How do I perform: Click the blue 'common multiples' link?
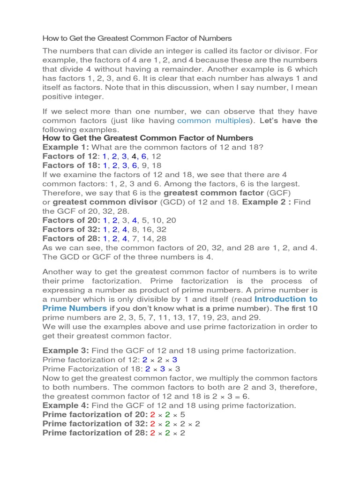tap(213, 121)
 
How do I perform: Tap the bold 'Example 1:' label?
tap(62, 147)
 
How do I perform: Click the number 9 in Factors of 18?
tap(143, 165)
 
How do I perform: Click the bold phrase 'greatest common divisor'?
tap(105, 202)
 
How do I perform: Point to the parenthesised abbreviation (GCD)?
tap(172, 202)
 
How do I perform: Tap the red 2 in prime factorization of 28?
tap(152, 433)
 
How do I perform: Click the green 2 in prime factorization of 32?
tap(168, 424)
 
